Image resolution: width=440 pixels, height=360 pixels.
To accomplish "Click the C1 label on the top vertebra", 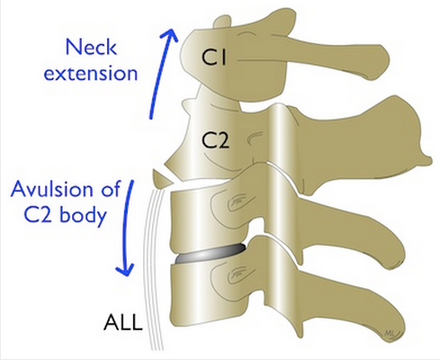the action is pyautogui.click(x=214, y=57).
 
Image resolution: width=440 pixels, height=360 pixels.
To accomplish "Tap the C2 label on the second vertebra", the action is pyautogui.click(x=216, y=140).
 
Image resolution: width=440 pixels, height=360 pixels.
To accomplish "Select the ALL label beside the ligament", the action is pyautogui.click(x=122, y=322).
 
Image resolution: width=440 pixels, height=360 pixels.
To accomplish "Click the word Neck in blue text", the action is pyautogui.click(x=91, y=48).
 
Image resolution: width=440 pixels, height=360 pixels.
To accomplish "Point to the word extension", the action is pyautogui.click(x=91, y=73).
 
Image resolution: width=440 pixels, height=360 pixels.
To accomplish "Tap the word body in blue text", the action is pyautogui.click(x=84, y=215).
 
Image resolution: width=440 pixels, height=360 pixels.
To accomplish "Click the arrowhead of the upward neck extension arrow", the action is pyautogui.click(x=169, y=35).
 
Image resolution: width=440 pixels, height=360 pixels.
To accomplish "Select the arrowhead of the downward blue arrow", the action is pyautogui.click(x=125, y=270).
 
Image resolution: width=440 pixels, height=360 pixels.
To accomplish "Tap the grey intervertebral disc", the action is pyautogui.click(x=209, y=255).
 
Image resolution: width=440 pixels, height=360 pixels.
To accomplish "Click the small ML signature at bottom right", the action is pyautogui.click(x=389, y=333).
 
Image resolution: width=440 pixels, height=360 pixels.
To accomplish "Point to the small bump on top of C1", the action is pyautogui.click(x=222, y=22).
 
